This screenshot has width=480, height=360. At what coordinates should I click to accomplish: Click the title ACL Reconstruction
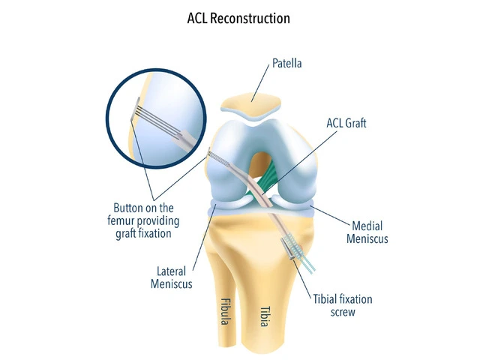238,18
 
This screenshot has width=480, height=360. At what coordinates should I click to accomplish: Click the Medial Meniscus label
370,232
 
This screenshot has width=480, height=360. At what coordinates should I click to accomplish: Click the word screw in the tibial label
342,312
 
